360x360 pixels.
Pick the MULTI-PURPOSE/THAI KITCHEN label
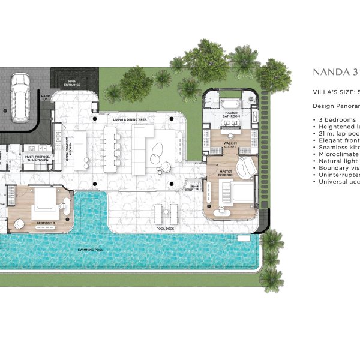tap(38, 158)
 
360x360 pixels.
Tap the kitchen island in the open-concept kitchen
tap(80, 149)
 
